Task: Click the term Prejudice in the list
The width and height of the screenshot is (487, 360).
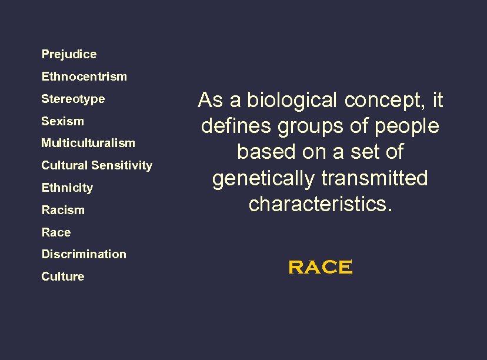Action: point(69,54)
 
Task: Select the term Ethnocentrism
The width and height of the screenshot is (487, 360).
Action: point(84,76)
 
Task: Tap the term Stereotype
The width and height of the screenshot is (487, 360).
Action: point(73,99)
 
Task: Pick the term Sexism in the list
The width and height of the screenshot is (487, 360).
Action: point(62,121)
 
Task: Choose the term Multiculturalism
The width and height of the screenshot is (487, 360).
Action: point(88,143)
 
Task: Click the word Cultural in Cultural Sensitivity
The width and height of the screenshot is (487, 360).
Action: point(62,165)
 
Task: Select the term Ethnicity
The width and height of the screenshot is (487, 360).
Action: point(67,188)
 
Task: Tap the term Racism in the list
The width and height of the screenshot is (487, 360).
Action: point(63,210)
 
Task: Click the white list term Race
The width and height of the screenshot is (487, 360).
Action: point(56,232)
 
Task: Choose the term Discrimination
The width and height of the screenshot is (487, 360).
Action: point(84,254)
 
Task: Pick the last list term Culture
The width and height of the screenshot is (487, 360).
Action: point(63,276)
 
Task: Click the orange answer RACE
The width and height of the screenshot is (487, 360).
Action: point(321,268)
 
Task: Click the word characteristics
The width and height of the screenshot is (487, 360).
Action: point(320,204)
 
